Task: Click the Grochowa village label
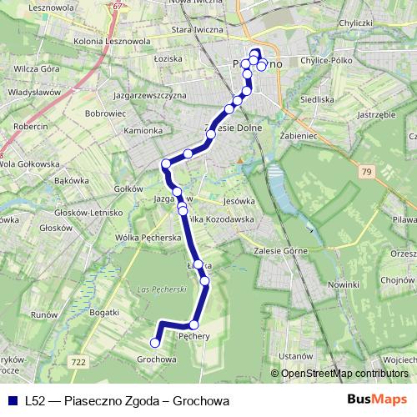click(x=158, y=359)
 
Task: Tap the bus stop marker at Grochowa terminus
click(x=154, y=341)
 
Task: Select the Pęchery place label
click(x=193, y=337)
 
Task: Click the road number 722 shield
click(x=79, y=361)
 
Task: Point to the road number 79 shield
click(x=366, y=172)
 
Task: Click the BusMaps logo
click(x=378, y=400)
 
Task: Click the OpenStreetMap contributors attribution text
click(x=344, y=374)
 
